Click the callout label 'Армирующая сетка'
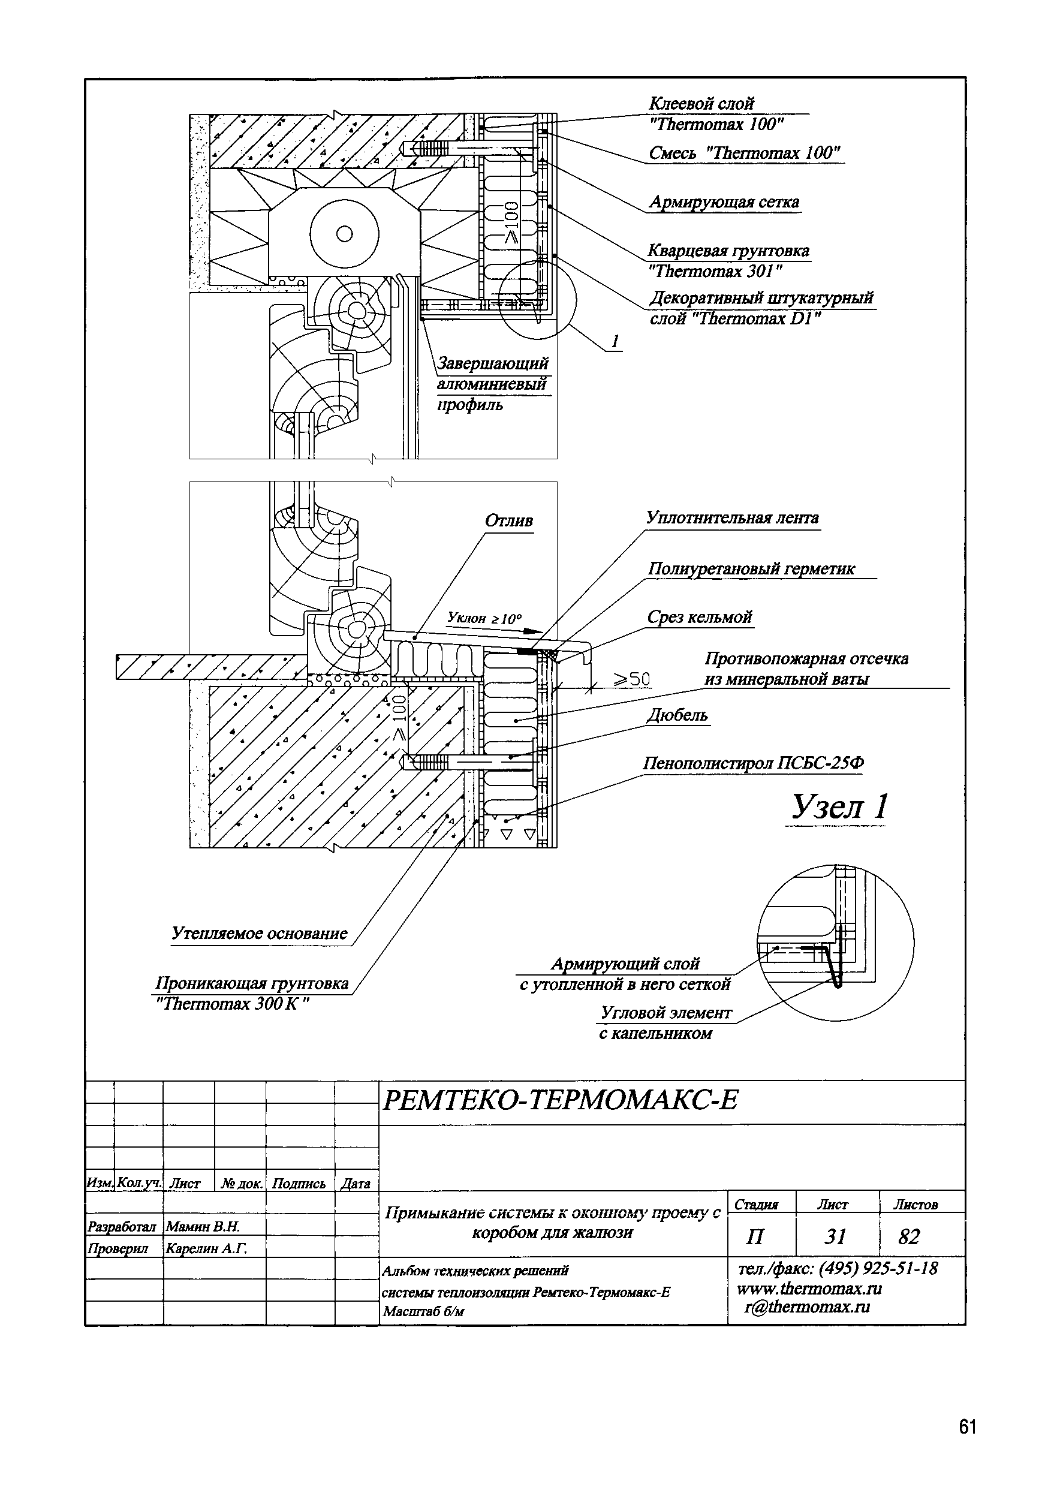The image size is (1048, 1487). point(724,203)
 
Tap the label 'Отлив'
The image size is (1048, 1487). point(509,520)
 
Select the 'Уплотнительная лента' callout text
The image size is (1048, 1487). point(732,518)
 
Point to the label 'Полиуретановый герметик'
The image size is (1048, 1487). point(751,568)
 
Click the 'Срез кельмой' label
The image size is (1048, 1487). point(700,617)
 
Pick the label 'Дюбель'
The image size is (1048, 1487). point(677,715)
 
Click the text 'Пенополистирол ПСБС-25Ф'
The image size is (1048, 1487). point(752,763)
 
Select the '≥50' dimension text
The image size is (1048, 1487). point(631,679)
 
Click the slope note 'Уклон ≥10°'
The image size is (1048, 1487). point(484,619)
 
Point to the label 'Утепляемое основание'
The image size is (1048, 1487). point(259,933)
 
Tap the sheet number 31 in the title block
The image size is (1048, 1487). point(836,1237)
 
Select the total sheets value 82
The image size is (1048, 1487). point(909,1237)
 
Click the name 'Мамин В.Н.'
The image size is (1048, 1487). point(203,1226)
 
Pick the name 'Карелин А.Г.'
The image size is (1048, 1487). point(206,1248)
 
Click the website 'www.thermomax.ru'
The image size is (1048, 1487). point(809,1288)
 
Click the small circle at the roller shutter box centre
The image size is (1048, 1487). point(345,234)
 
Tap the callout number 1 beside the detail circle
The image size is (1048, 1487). point(615,341)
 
